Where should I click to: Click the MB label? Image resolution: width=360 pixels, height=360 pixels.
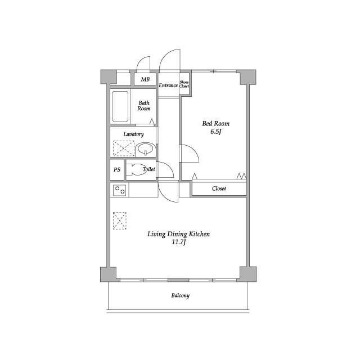pos(145,79)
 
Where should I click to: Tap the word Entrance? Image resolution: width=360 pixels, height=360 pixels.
pos(168,85)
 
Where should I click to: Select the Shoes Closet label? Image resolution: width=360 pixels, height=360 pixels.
pos(184,84)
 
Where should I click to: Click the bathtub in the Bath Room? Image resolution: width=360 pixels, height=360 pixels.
pos(120,106)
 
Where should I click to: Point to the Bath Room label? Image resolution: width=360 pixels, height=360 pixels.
pos(144,106)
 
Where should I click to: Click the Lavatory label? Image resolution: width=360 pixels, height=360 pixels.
pos(134,134)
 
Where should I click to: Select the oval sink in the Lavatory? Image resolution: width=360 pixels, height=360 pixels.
pos(145,149)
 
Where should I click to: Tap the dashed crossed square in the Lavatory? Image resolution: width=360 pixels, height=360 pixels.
pos(124,148)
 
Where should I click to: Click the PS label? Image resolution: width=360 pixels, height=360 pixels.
pos(117,170)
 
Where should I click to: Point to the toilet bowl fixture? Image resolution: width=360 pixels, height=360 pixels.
pos(136,169)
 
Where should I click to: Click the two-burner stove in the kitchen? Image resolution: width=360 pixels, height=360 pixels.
pos(119,190)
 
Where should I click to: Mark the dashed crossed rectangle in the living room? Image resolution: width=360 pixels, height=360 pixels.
pos(120,220)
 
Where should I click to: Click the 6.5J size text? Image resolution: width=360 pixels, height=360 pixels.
pos(215,132)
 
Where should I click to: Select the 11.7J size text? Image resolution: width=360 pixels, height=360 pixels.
pos(179,242)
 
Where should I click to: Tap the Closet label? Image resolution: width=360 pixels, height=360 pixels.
pos(219,188)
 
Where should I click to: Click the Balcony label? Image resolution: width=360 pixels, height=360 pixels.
pos(180,295)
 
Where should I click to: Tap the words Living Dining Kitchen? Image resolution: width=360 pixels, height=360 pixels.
pos(179,234)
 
